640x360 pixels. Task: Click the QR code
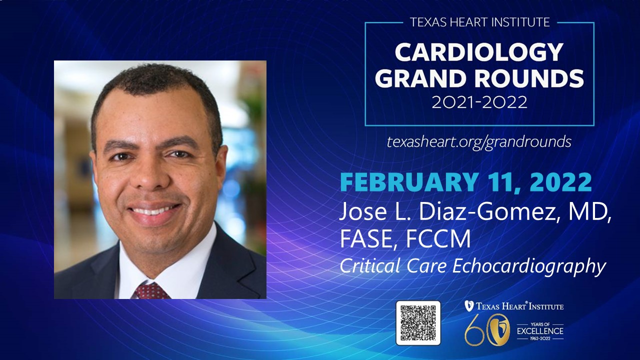418,323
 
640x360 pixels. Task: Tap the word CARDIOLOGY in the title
479,52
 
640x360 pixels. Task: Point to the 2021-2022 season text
479,102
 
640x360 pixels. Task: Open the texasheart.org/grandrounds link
479,142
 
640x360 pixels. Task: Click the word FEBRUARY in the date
409,182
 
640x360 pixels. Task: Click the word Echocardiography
529,267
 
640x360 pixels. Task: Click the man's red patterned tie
151,291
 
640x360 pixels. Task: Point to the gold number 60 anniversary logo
487,330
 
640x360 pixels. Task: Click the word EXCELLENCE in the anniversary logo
540,331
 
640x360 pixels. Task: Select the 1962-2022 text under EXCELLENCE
540,338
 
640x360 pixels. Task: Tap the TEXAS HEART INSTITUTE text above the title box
479,22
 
